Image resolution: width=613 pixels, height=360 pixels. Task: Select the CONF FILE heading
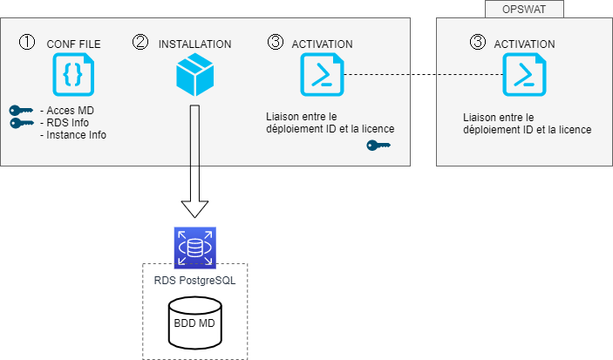(74, 43)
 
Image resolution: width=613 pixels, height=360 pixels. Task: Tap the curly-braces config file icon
(73, 74)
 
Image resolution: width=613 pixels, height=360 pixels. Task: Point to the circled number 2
(140, 42)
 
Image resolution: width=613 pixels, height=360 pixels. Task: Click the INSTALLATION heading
(194, 43)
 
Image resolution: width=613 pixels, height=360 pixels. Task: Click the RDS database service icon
(194, 247)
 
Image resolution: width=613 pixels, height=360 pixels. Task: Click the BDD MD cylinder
(194, 322)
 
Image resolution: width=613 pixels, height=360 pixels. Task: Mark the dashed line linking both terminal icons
(424, 75)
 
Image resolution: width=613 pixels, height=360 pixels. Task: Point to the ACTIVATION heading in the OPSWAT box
(524, 43)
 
